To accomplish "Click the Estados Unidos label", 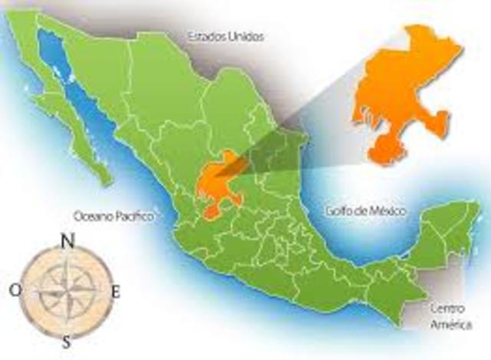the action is click(227, 35).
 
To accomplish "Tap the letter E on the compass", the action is click(116, 291).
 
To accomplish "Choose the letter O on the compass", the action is click(16, 290).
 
